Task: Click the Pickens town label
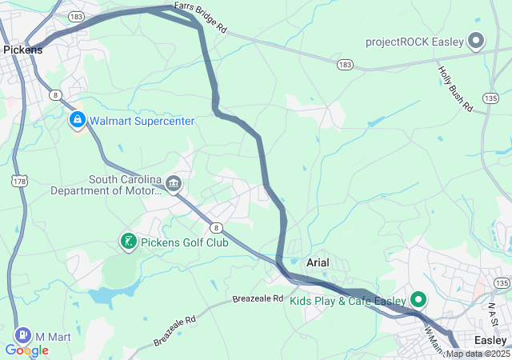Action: [23, 50]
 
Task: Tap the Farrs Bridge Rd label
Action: [201, 20]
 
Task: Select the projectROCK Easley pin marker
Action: [476, 41]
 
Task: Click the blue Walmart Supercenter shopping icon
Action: [78, 121]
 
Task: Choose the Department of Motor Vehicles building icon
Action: [174, 186]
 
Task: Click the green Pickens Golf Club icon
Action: [128, 241]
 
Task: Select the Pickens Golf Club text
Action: [185, 242]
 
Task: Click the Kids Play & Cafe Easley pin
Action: [418, 300]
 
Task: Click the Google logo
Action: [26, 350]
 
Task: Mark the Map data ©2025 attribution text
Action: [478, 354]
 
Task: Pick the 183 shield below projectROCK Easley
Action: [345, 63]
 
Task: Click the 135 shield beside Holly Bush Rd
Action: [490, 97]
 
